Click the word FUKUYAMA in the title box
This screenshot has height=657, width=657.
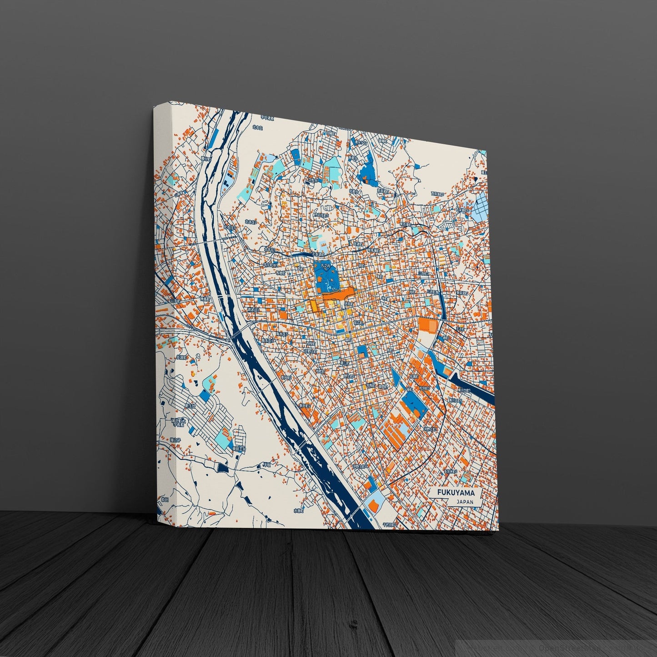pyautogui.click(x=456, y=493)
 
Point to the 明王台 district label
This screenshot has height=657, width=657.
pyautogui.click(x=188, y=406)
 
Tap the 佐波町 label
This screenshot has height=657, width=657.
pyautogui.click(x=181, y=357)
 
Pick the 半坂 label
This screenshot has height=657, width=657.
pyautogui.click(x=266, y=465)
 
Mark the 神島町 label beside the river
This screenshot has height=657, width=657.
pyautogui.click(x=206, y=300)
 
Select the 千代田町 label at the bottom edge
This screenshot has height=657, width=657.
pyautogui.click(x=389, y=524)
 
